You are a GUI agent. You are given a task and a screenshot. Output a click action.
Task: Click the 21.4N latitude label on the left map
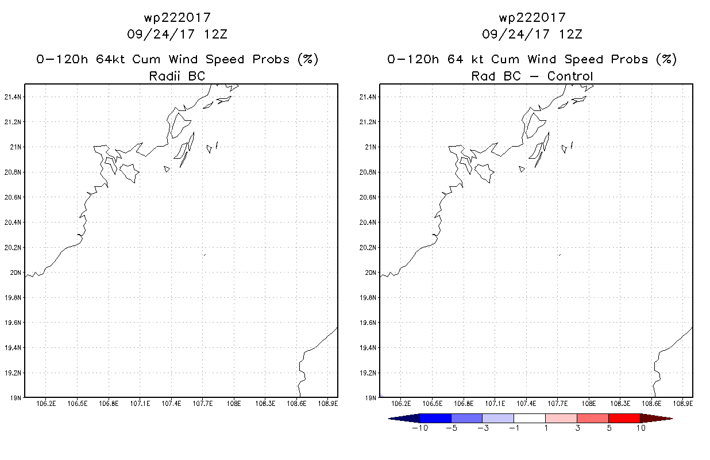coord(13,97)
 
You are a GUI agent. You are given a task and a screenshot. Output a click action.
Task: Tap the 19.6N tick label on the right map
coord(368,323)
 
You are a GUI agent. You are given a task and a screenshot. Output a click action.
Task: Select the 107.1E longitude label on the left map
coord(140,404)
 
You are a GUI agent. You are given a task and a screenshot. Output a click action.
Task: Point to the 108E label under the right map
coord(589,404)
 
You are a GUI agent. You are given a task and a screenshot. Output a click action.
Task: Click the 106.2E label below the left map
coord(46,404)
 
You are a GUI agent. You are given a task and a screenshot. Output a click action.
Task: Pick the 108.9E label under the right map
coord(683,404)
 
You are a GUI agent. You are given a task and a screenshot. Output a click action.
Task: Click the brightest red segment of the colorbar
coord(624,418)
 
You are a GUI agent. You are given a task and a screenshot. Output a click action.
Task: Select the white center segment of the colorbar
coord(530,418)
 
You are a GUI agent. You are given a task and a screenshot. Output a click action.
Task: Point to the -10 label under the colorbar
coord(420,428)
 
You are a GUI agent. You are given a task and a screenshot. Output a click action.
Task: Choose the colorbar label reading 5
coord(609,428)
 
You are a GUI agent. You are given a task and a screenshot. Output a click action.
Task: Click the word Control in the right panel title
coord(570,76)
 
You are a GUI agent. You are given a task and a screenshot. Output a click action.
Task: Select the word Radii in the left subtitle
coord(164,76)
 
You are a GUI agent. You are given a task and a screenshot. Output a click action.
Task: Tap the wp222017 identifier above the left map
coord(177,18)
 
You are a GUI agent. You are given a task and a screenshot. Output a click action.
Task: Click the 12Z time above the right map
coord(570,34)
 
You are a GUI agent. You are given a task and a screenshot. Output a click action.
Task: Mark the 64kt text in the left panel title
coord(111,59)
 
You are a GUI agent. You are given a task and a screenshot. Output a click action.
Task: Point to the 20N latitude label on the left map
coord(16,273)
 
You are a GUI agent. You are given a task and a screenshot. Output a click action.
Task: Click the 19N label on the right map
coord(371,398)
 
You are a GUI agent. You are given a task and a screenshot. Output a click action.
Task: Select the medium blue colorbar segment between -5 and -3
coord(466,418)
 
